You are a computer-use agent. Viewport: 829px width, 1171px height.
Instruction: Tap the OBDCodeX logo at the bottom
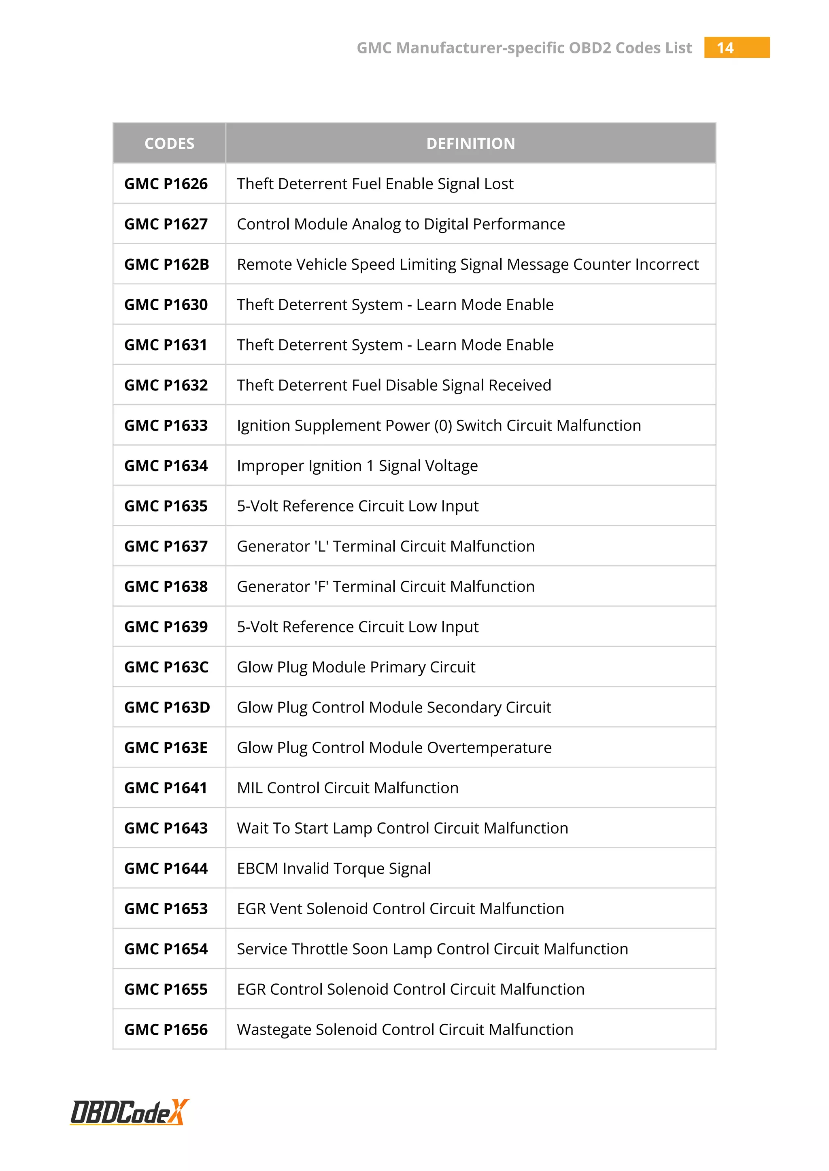[x=130, y=1112]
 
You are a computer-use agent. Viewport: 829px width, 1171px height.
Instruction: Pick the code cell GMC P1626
[x=166, y=184]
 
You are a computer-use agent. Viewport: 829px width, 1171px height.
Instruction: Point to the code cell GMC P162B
[x=166, y=264]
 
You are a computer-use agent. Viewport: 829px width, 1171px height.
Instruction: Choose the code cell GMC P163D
[x=167, y=707]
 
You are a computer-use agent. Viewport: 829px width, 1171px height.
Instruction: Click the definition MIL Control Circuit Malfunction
[x=347, y=788]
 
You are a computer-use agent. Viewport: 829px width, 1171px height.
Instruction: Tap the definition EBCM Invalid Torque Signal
[x=333, y=869]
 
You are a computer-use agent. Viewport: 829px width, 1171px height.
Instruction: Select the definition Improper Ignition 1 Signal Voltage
[x=357, y=466]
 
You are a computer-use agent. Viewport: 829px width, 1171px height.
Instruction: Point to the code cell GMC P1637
[x=166, y=546]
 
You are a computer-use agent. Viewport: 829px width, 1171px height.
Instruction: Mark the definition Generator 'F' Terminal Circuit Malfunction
[x=385, y=587]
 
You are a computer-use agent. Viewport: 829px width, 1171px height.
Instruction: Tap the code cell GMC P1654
[x=166, y=949]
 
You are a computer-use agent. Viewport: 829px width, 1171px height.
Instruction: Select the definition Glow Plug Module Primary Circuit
[x=356, y=667]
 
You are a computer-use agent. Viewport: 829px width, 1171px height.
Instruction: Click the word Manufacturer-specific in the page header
[x=480, y=48]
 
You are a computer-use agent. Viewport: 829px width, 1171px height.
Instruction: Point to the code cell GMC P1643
[x=166, y=828]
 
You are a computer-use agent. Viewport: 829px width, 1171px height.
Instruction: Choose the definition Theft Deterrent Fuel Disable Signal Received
[x=393, y=385]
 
